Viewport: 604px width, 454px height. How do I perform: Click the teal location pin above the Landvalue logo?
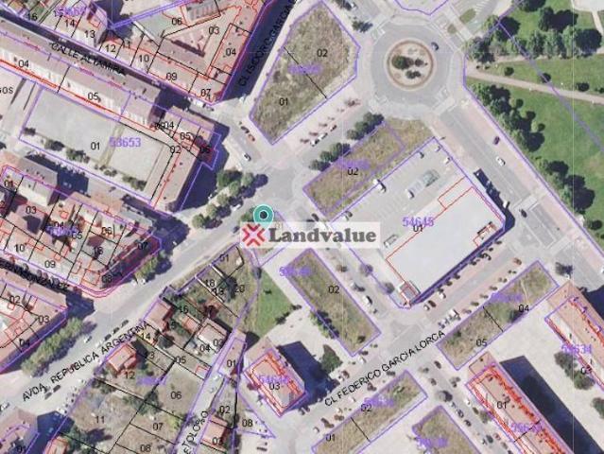[264, 215]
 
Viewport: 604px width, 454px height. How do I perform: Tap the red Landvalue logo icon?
[252, 236]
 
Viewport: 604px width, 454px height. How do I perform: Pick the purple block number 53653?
[125, 142]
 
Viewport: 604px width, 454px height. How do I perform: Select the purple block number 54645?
[418, 222]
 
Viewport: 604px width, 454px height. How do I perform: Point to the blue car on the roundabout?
[434, 45]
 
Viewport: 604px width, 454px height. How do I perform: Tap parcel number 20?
[239, 288]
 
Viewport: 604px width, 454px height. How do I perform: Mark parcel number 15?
[182, 310]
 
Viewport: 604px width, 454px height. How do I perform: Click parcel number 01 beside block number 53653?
[95, 145]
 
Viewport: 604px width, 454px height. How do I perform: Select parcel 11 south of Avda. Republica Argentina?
[99, 418]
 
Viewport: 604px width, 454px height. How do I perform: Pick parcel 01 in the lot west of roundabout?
[284, 100]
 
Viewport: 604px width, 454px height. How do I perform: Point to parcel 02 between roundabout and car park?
[353, 171]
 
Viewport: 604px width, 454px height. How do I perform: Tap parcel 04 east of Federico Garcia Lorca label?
[523, 307]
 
